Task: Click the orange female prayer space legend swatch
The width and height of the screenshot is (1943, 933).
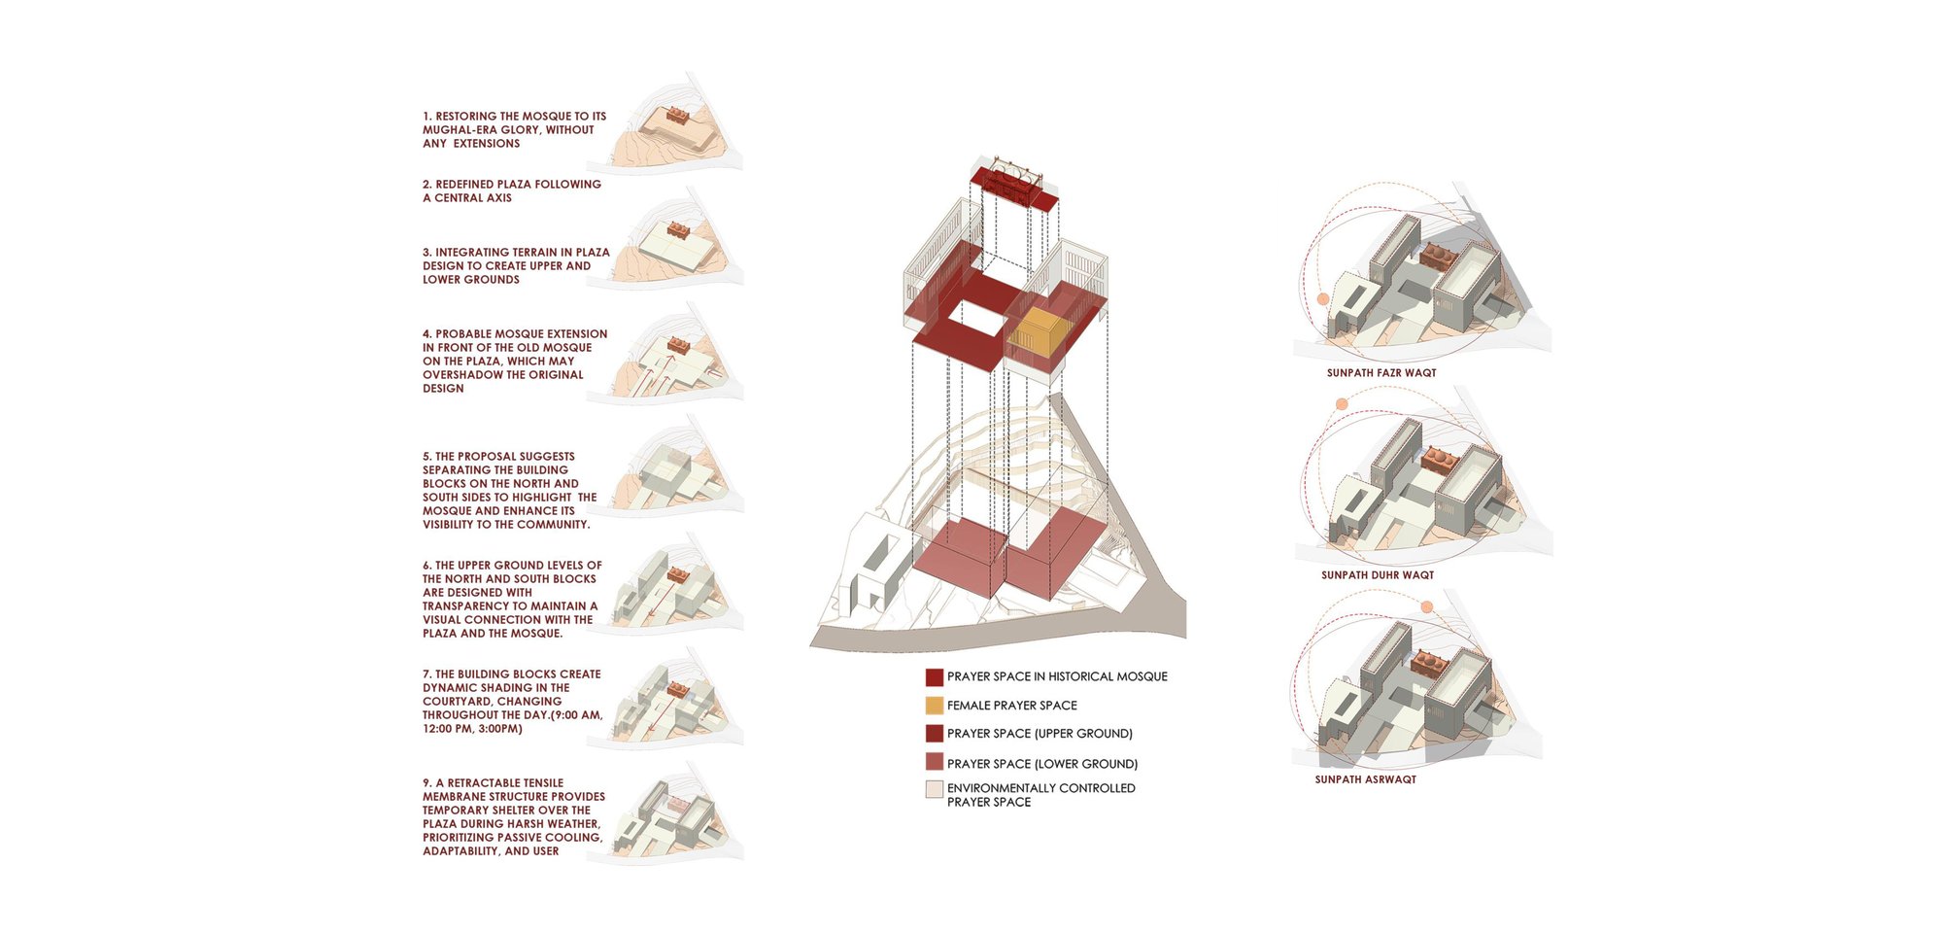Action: [x=935, y=706]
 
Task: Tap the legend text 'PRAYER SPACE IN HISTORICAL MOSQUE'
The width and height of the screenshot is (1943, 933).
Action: [x=1057, y=676]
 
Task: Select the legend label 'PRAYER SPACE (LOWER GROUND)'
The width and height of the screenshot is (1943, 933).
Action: [x=1041, y=764]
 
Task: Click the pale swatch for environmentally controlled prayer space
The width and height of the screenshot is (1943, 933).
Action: [x=935, y=789]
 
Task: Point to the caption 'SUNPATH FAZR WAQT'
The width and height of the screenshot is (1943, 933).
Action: [x=1381, y=373]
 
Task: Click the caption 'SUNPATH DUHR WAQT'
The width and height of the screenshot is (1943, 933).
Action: [x=1378, y=575]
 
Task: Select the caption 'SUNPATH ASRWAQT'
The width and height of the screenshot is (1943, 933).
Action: [x=1365, y=779]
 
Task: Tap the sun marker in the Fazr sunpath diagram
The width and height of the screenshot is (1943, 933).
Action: [x=1322, y=299]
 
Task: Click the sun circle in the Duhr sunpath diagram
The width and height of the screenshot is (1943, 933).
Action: [x=1342, y=404]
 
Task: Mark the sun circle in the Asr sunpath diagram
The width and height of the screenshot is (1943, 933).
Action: [x=1426, y=607]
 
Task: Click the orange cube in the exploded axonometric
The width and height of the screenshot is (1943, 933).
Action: [x=1035, y=332]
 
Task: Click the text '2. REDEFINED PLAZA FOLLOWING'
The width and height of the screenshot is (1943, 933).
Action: [x=512, y=185]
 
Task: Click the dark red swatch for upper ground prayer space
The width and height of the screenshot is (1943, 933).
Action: [x=935, y=734]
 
